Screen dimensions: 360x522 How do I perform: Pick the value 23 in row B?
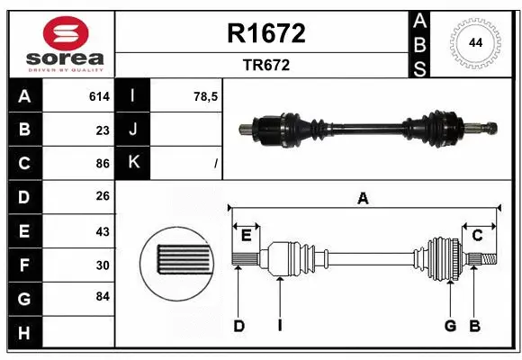103,130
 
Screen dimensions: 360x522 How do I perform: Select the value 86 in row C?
103,164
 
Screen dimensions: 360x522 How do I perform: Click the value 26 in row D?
103,197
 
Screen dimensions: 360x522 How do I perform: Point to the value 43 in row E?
103,231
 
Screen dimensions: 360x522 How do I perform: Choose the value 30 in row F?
103,265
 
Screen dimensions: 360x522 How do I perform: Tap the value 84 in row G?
103,295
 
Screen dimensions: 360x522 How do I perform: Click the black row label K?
134,164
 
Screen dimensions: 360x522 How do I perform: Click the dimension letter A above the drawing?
363,199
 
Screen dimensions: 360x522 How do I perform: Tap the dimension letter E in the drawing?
246,235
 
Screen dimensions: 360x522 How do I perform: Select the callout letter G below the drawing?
449,326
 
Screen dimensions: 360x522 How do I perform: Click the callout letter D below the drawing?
238,326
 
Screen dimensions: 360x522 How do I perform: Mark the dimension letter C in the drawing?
478,235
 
